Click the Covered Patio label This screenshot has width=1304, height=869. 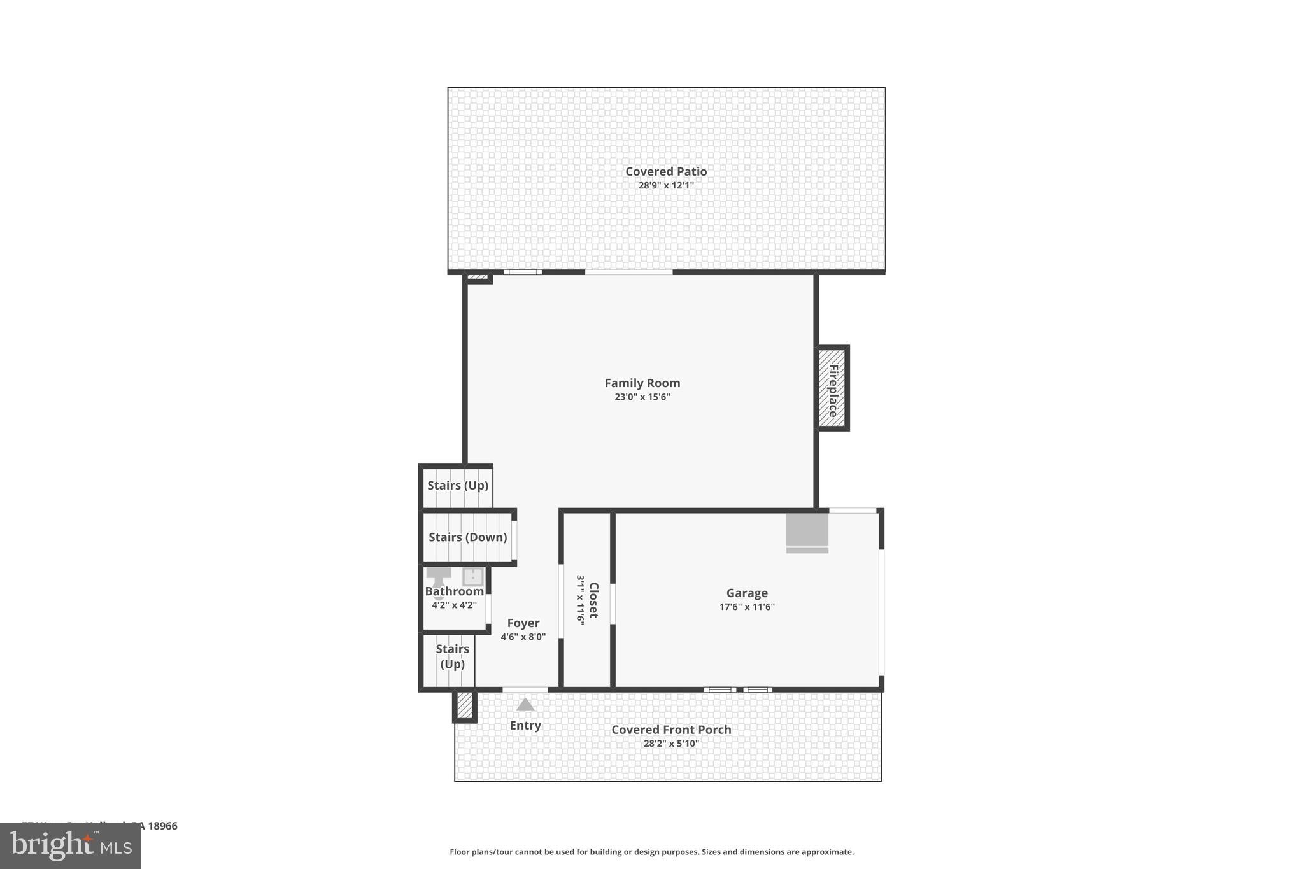pos(666,171)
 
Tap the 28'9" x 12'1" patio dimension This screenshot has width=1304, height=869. pos(666,186)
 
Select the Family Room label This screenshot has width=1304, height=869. pos(642,383)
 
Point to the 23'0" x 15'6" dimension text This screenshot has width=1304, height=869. pos(642,397)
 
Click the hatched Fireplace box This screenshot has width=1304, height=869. pos(832,388)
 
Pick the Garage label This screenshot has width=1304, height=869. pos(747,593)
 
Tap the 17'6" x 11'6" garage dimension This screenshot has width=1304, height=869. pos(747,607)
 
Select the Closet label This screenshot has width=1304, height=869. pos(593,600)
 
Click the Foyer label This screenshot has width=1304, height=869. pos(523,623)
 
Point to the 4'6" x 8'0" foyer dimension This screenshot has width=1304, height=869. pos(523,637)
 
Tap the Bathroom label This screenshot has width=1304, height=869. pos(454,591)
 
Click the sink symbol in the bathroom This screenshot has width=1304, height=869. pos(473,577)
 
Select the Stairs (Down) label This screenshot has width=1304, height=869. pos(467,537)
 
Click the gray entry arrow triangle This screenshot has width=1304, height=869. pos(525,705)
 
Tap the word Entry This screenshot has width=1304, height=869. pos(525,726)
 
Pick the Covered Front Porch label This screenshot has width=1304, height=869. pos(671,730)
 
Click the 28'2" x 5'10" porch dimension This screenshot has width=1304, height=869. pos(671,744)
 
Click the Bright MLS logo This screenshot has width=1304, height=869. pos(71,846)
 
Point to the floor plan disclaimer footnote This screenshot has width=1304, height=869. pos(651,852)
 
